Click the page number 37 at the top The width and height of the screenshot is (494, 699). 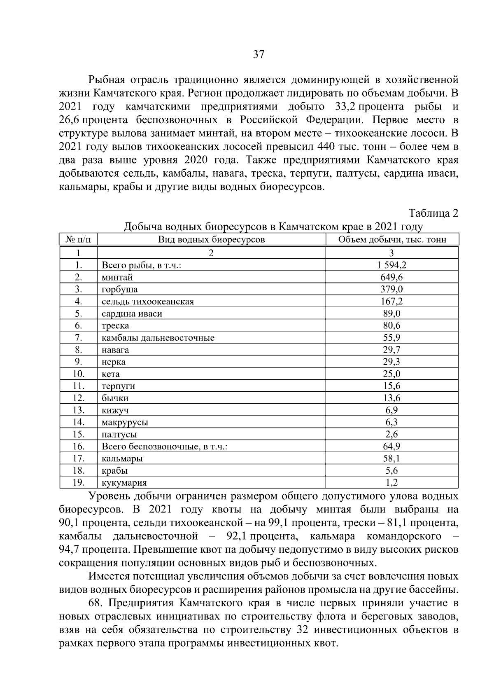click(259, 55)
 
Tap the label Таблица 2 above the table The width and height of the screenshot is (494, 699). click(433, 213)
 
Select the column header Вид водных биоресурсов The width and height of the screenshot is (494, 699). click(212, 240)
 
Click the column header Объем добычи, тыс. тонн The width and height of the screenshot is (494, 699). click(392, 240)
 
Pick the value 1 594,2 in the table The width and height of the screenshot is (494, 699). click(391, 265)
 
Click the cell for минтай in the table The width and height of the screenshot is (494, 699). click(117, 277)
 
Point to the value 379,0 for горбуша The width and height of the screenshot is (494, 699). click(391, 289)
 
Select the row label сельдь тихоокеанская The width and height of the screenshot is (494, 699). click(148, 302)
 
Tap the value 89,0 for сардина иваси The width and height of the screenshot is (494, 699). click(391, 313)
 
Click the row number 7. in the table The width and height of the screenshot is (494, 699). click(79, 338)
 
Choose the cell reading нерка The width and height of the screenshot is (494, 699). click(114, 362)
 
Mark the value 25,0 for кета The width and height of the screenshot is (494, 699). click(391, 374)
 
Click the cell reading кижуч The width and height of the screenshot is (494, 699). click(115, 410)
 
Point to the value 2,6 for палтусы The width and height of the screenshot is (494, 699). click(391, 434)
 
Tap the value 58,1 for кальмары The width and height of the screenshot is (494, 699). click(391, 458)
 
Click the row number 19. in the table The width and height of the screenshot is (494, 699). click(79, 482)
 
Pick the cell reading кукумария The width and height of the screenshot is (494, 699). click(124, 483)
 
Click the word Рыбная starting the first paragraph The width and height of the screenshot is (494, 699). click(106, 79)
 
